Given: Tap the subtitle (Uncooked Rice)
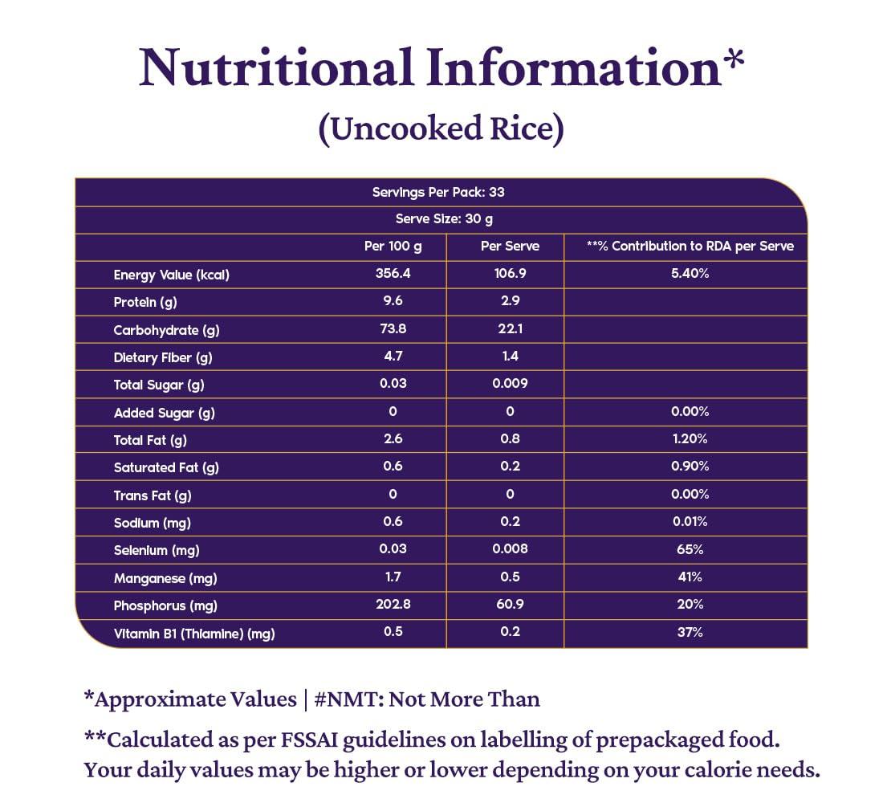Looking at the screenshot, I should pos(441,129).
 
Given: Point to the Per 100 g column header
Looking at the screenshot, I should pos(393,247).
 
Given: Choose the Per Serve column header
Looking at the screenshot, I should pos(510,247).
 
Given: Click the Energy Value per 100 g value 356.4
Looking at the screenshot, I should pos(393,274).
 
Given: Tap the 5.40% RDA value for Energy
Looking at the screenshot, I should pos(690,274).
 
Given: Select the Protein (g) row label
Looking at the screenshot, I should pos(145,302).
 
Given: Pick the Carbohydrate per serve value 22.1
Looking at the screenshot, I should pos(510,329).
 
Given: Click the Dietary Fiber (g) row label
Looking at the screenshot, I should pos(163,357).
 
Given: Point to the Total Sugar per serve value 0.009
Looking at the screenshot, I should pos(510,384).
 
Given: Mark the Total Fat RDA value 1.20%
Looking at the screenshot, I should pos(690,439).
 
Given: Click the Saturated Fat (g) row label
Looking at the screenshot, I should pos(166,467).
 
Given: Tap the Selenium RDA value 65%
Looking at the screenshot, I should pos(690,549).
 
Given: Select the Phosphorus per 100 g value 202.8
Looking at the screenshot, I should pos(393,605).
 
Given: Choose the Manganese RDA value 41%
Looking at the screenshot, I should pos(690,577).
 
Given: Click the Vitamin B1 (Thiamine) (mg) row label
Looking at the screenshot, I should pos(194,634).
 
